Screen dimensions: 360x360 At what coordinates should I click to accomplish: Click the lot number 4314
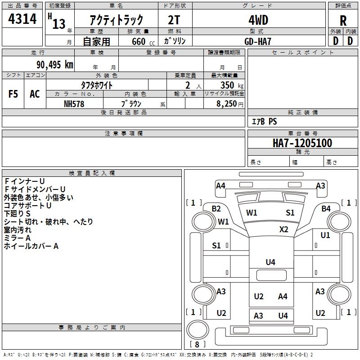pos(22,19)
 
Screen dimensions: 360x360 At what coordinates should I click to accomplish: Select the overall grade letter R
pos(343,21)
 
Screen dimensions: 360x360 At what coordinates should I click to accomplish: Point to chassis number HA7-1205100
pos(302,144)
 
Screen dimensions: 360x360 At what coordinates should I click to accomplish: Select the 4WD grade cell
pos(258,20)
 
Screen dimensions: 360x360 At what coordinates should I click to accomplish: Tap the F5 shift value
pos(13,94)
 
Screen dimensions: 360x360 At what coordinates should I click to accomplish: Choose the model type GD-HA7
pos(258,41)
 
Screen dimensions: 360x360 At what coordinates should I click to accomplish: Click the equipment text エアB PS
pos(264,121)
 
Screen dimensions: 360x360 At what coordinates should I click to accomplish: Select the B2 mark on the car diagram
pos(216,209)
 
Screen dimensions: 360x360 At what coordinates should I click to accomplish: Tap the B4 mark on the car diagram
pos(326,209)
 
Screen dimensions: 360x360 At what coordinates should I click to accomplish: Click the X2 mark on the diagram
pos(283,229)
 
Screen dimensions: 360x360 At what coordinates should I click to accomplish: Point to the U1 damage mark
pos(325,235)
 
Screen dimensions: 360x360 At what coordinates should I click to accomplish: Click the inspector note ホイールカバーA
pos(31,246)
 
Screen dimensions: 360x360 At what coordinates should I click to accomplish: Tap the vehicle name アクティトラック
pos(117,20)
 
